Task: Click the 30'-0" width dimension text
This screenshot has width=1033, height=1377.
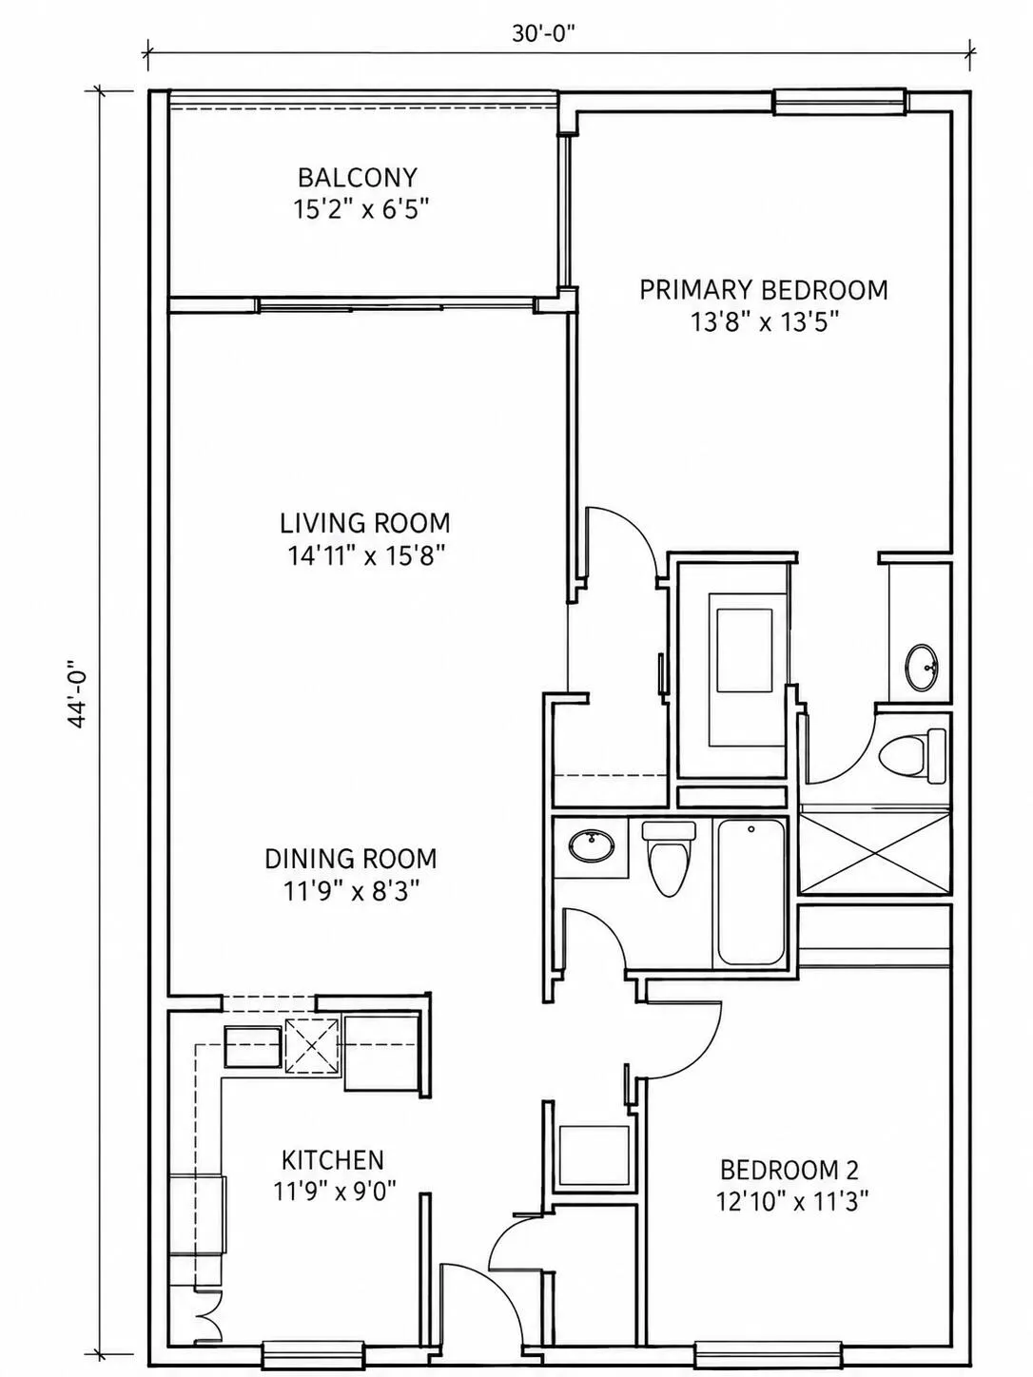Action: [544, 33]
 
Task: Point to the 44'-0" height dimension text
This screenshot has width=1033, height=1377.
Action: [77, 693]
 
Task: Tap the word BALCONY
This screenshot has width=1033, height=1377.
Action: [357, 178]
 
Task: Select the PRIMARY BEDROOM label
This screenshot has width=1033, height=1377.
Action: [763, 290]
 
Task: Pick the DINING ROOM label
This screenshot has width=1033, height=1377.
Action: [351, 859]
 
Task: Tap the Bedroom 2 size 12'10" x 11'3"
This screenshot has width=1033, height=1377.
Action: [792, 1203]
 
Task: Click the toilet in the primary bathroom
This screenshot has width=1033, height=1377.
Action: [910, 756]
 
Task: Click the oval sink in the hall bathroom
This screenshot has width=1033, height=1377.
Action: [591, 845]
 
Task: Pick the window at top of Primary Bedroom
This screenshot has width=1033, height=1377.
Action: [840, 102]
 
